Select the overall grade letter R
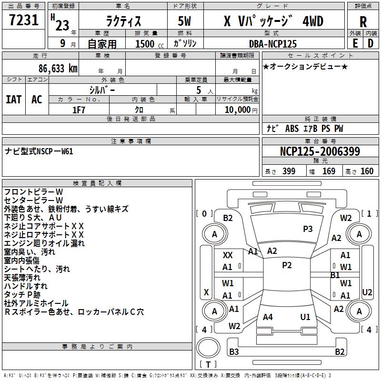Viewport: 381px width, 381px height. pos(363,22)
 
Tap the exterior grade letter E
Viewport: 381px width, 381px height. pos(355,43)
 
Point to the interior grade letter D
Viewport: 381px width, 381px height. pos(371,43)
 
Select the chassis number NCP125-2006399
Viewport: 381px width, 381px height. pos(320,151)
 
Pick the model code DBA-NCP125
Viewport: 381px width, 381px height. pos(273,44)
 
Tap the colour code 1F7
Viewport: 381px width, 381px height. pos(79,110)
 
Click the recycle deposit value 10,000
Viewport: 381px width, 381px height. pos(237,110)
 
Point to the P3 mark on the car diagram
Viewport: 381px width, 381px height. pos(308,229)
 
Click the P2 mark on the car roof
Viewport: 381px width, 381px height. pos(287,265)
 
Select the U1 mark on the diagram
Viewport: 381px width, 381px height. pos(305,317)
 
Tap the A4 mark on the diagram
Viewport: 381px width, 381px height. pos(268,317)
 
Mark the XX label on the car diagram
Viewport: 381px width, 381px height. pos(228,255)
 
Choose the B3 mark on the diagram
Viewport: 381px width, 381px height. pos(234,352)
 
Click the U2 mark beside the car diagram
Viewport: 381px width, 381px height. pos(367,292)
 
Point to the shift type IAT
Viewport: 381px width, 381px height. pos(13,100)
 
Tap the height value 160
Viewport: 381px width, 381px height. pos(367,171)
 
